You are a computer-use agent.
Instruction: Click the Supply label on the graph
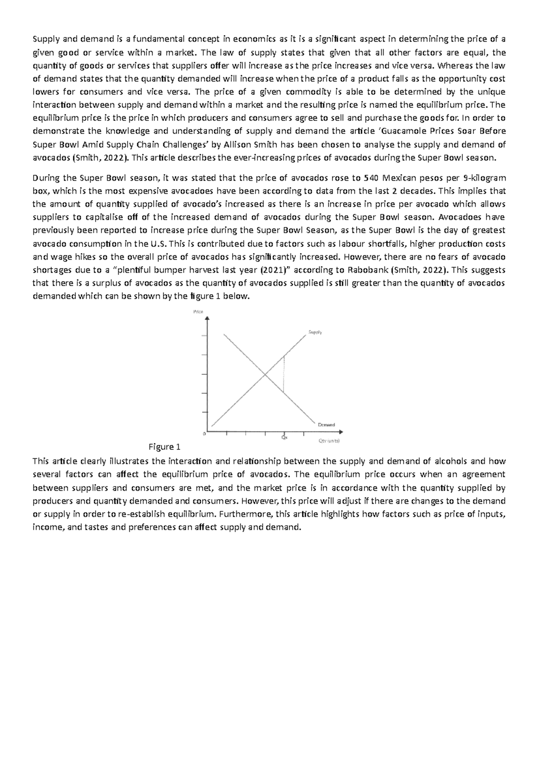click(x=315, y=333)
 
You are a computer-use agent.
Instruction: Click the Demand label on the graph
click(x=326, y=425)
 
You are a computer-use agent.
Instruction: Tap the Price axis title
click(x=198, y=311)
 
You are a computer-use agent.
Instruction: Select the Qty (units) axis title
click(x=329, y=441)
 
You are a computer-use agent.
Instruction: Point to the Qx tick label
click(x=284, y=438)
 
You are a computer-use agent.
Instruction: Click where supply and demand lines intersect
click(x=265, y=374)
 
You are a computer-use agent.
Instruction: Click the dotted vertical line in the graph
click(x=284, y=374)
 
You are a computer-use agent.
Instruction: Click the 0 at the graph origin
click(x=205, y=434)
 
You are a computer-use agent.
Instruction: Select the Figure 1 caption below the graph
click(x=164, y=447)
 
